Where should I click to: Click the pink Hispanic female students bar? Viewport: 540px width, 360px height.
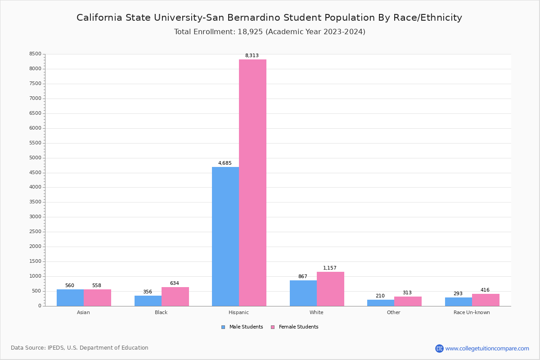[252, 183]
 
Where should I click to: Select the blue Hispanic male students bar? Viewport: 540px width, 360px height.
[225, 236]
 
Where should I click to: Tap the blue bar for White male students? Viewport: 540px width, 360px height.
[303, 293]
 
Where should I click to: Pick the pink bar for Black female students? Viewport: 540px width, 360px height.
[175, 297]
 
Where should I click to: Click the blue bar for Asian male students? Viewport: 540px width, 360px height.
[70, 297]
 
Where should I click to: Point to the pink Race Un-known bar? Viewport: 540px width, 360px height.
[486, 300]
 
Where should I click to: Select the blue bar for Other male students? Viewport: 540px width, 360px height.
[381, 303]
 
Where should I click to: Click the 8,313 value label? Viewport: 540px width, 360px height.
[252, 56]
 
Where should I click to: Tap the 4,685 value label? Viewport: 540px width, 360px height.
[225, 163]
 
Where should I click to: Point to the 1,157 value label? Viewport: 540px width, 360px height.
[330, 268]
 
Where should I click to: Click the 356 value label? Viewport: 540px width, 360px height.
[148, 292]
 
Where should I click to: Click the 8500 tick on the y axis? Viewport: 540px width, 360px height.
[35, 54]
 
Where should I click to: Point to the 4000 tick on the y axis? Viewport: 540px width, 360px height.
[35, 187]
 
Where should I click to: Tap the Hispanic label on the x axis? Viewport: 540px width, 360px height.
[238, 312]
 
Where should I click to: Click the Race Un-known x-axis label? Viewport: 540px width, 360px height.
[472, 312]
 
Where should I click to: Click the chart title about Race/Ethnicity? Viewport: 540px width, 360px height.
[269, 18]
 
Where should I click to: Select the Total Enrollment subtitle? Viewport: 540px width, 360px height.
[270, 32]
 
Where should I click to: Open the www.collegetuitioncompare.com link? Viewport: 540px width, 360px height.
[487, 348]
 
